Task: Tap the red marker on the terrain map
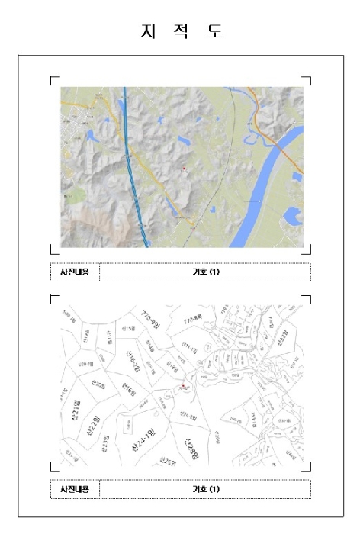(184, 167)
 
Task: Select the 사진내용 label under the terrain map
(75, 272)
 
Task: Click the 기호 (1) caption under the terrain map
(205, 272)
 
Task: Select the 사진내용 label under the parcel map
(75, 488)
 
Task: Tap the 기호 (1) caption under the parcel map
(205, 488)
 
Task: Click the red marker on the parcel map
(182, 388)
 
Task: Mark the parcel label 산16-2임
(133, 360)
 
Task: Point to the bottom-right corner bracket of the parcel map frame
(308, 469)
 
